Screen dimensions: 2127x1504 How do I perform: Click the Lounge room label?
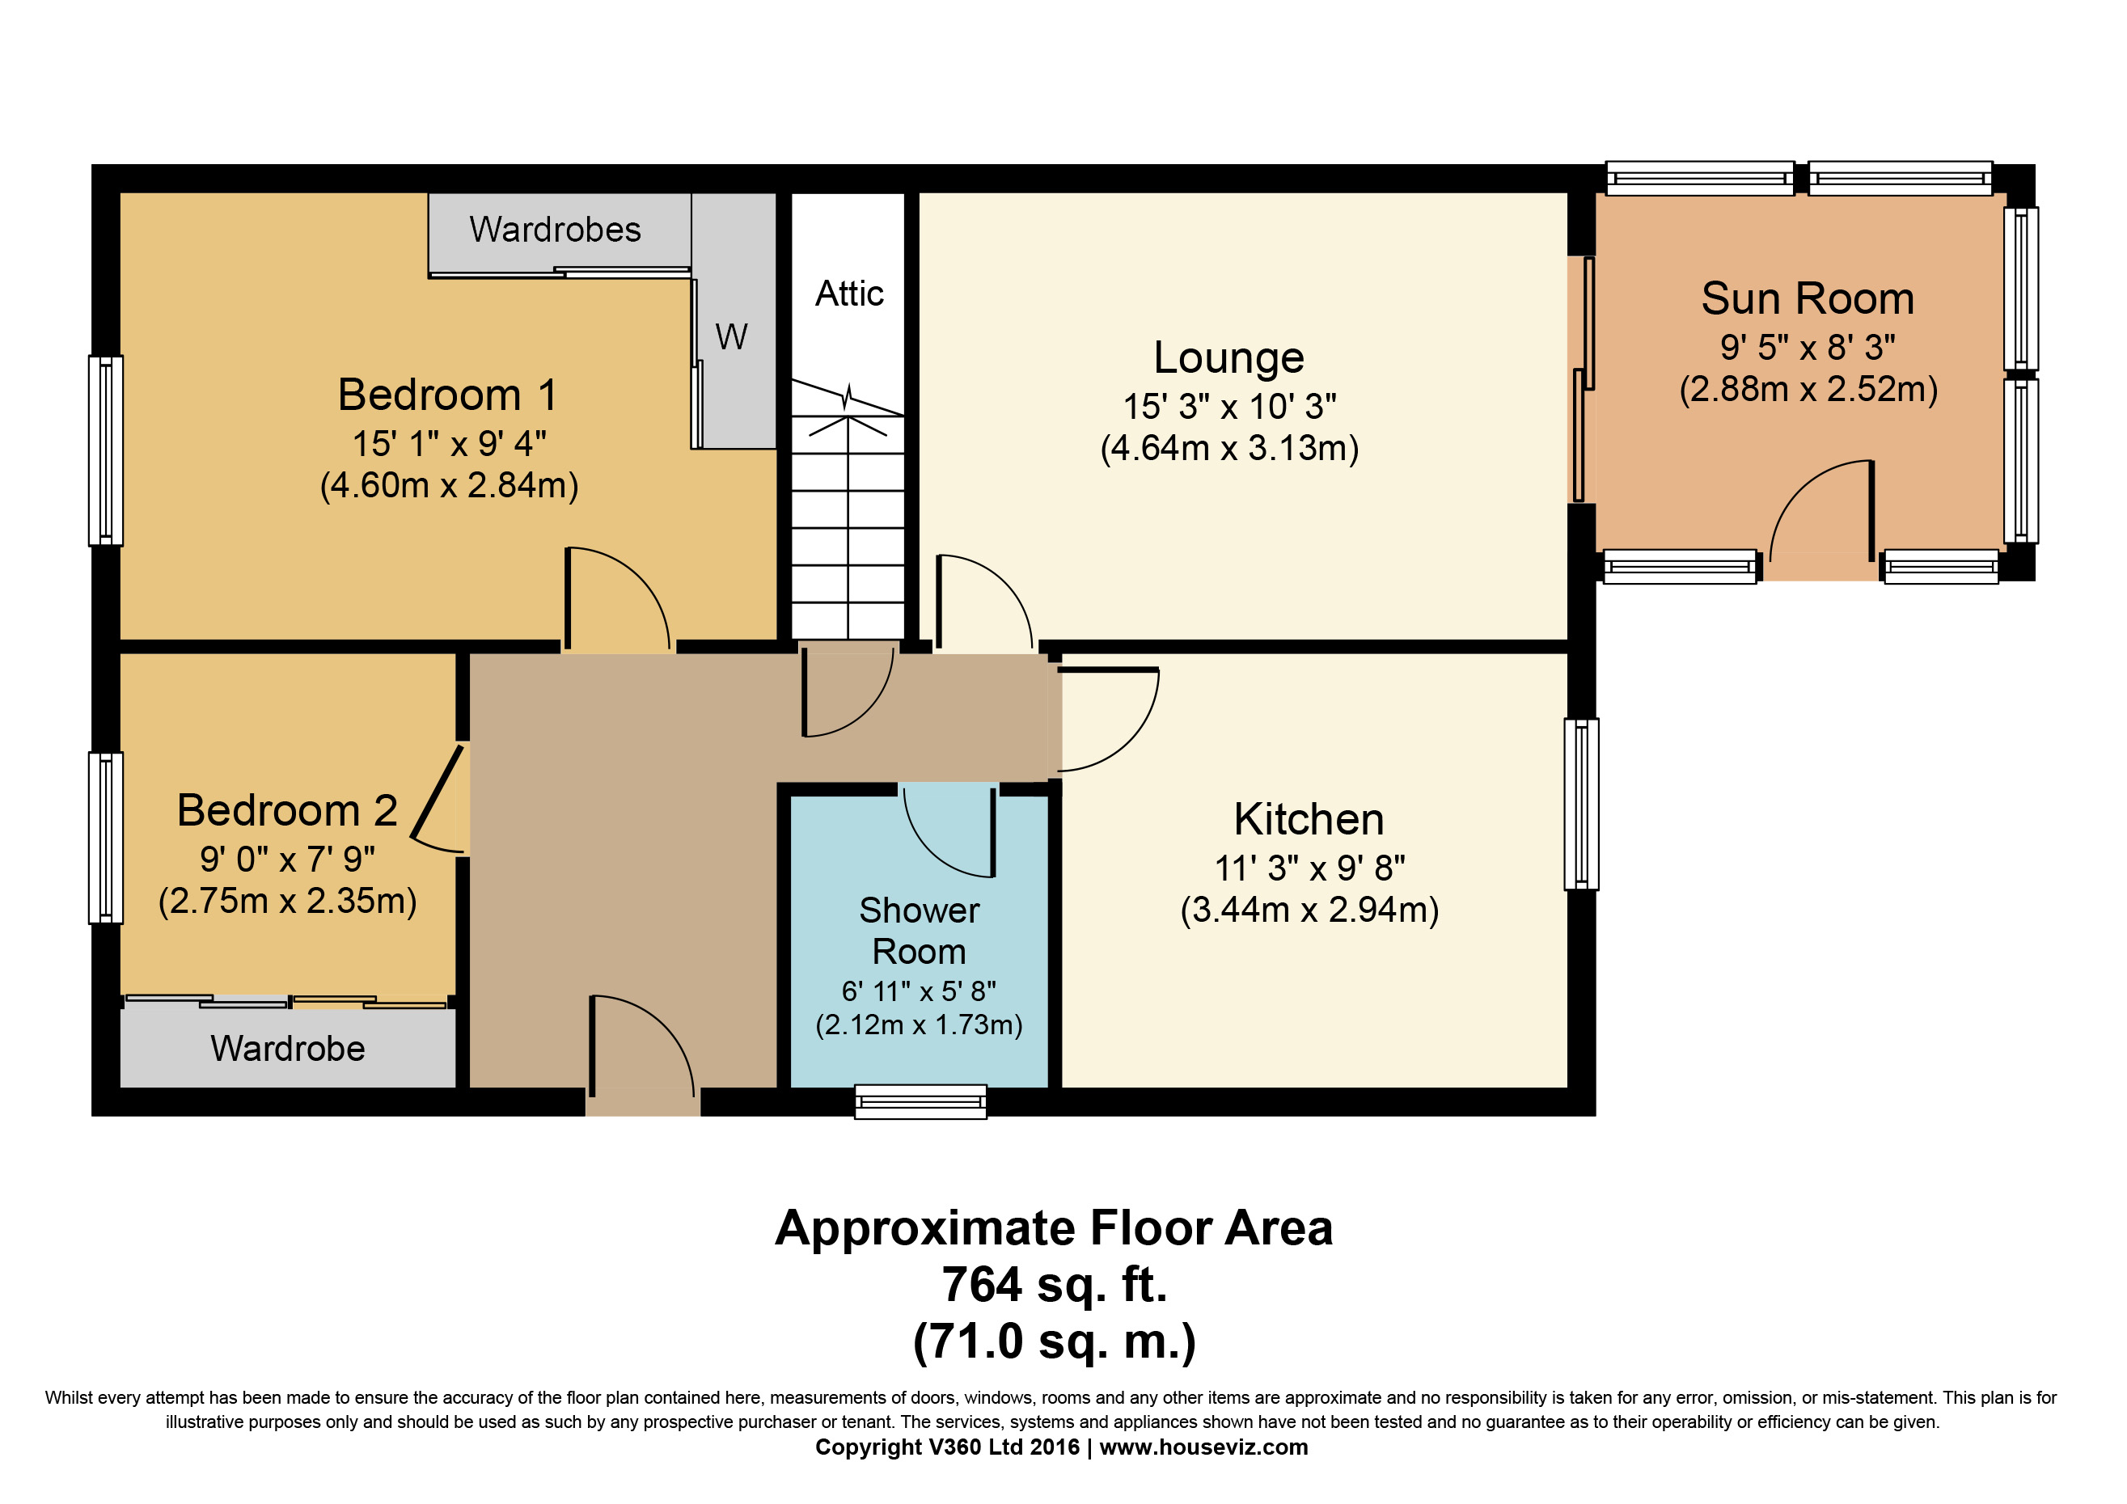pyautogui.click(x=1228, y=357)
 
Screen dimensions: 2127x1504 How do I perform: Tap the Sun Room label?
pyautogui.click(x=1808, y=298)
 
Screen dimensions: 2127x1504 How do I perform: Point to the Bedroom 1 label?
pyautogui.click(x=447, y=395)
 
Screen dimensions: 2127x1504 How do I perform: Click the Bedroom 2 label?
pyautogui.click(x=287, y=810)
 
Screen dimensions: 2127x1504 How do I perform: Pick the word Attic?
pyautogui.click(x=849, y=294)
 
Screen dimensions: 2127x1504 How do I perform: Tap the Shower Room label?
pyautogui.click(x=919, y=931)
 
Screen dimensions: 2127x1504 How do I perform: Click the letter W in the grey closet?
pyautogui.click(x=731, y=337)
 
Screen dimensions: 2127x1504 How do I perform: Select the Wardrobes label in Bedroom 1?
pyautogui.click(x=555, y=230)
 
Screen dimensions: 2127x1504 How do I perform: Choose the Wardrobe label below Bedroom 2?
pyautogui.click(x=287, y=1049)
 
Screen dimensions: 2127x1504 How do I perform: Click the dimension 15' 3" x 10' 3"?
pyautogui.click(x=1229, y=407)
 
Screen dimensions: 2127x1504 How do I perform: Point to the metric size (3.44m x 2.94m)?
pyautogui.click(x=1309, y=910)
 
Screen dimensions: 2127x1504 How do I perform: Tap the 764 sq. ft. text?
pyautogui.click(x=1055, y=1285)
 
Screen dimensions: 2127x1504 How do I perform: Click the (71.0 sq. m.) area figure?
pyautogui.click(x=1055, y=1341)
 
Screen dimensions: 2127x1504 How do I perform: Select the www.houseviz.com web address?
pyautogui.click(x=1203, y=1447)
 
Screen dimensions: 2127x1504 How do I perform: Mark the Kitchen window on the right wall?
pyautogui.click(x=1581, y=804)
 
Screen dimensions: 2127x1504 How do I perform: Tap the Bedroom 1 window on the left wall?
pyautogui.click(x=106, y=451)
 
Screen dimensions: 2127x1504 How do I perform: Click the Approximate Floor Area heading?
pyautogui.click(x=1055, y=1229)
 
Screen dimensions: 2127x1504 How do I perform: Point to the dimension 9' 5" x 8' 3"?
pyautogui.click(x=1808, y=347)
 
